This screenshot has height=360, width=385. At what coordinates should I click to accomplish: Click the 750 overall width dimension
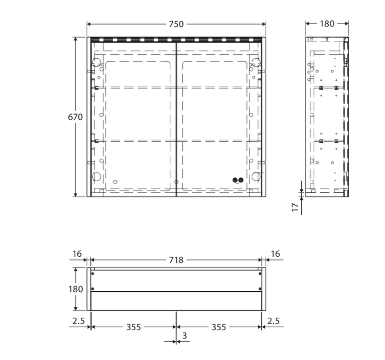(x=176, y=24)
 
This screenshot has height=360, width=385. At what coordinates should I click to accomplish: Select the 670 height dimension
(x=75, y=117)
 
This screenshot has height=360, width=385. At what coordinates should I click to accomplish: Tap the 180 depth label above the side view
(x=327, y=24)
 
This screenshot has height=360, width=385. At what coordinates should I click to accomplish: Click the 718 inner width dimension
(x=176, y=260)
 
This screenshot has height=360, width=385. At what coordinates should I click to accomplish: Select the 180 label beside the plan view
(x=76, y=289)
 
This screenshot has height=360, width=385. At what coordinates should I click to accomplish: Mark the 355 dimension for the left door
(x=133, y=327)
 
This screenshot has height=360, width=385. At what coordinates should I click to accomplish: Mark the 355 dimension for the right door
(x=219, y=327)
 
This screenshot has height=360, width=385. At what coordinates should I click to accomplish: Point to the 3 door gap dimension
(x=184, y=336)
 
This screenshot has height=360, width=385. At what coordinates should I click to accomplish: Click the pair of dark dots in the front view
(x=237, y=180)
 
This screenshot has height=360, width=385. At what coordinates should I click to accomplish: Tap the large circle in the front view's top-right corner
(x=256, y=62)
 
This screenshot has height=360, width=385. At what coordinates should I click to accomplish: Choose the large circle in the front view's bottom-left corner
(x=96, y=176)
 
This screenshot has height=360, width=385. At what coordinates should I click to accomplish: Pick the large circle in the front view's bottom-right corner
(x=256, y=176)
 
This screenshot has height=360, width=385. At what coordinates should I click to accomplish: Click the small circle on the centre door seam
(x=177, y=182)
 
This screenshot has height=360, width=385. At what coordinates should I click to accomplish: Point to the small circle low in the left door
(x=115, y=182)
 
